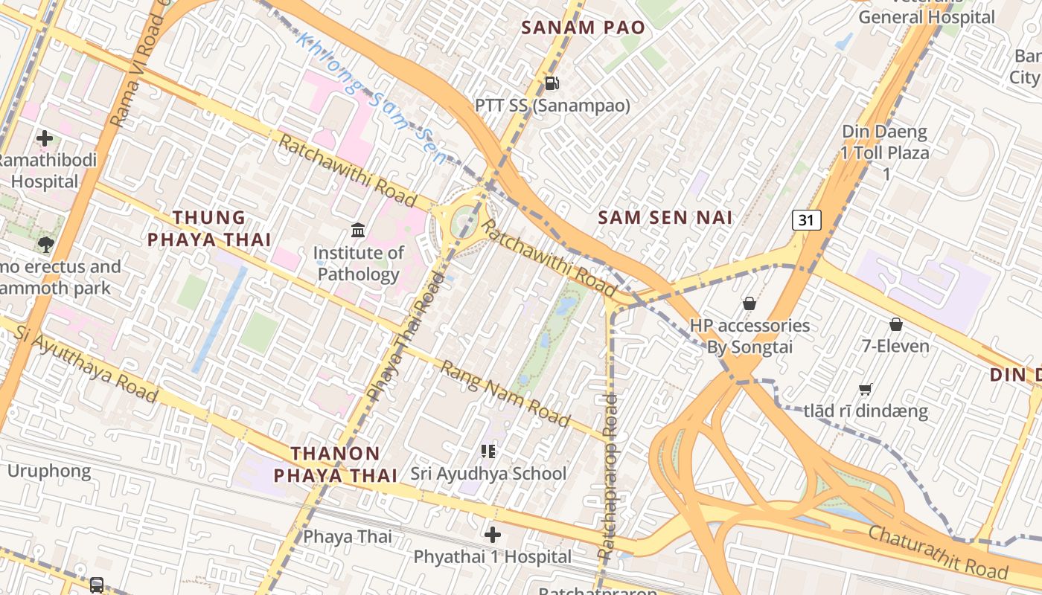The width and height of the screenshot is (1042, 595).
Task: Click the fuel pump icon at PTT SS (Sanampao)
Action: [x=552, y=83]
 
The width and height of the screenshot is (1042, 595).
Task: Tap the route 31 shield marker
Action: [x=807, y=220]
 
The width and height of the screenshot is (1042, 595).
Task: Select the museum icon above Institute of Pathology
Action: [x=358, y=230]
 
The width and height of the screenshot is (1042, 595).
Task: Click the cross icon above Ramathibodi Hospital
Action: [x=45, y=138]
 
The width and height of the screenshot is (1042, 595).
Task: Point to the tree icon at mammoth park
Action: [x=45, y=244]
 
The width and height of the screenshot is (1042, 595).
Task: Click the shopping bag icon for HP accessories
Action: [x=749, y=303]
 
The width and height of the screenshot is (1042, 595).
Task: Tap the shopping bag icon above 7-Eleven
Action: [x=896, y=324]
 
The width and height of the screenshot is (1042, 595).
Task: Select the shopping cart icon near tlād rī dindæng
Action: [x=866, y=389]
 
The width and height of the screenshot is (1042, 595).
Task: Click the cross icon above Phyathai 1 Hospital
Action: [x=492, y=534]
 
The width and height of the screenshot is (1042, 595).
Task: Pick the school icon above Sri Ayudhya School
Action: [x=488, y=451]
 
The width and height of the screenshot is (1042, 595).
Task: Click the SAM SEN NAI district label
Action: [x=665, y=217]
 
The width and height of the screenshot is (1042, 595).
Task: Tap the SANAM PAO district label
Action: [x=583, y=28]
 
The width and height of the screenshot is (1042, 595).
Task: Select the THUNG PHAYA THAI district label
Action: [x=208, y=228]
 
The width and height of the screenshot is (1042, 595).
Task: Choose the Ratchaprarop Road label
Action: [x=608, y=476]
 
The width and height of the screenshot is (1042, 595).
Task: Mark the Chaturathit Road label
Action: [x=938, y=553]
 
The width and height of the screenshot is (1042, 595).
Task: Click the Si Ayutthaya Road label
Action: [x=86, y=363]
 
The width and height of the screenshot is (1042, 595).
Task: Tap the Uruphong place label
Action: [x=49, y=471]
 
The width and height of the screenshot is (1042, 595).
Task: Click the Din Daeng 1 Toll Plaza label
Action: [x=885, y=152]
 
